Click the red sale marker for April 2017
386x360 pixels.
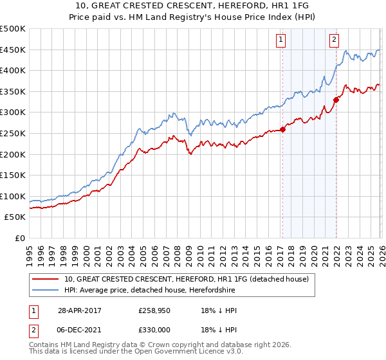point(282,130)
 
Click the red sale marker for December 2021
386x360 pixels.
point(336,100)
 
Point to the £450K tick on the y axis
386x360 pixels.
point(13,50)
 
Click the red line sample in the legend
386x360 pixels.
point(46,280)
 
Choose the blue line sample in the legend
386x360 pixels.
point(46,291)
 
